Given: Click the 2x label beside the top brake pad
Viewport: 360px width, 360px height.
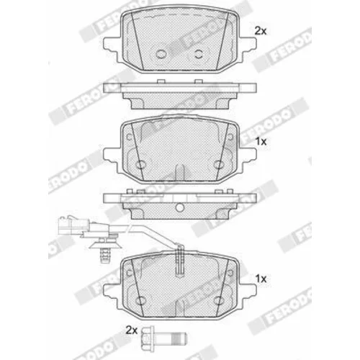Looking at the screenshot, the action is (x=261, y=31).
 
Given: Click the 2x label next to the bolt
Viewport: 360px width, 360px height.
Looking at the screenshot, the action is (x=132, y=330).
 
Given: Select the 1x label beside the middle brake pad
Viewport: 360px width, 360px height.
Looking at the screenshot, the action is (x=261, y=142).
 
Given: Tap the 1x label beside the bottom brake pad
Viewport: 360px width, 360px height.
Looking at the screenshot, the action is (x=261, y=279).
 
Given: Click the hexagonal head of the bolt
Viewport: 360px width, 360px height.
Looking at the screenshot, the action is (x=147, y=337).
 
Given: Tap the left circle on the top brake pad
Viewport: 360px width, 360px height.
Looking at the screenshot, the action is (x=161, y=54).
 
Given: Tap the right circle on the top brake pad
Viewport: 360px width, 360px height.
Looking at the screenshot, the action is (x=199, y=54).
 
